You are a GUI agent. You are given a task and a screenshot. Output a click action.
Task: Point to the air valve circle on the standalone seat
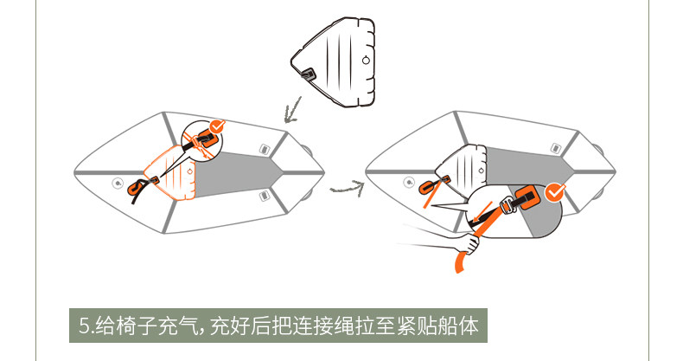367,61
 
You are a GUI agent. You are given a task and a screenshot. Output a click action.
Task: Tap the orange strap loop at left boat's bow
136,187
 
